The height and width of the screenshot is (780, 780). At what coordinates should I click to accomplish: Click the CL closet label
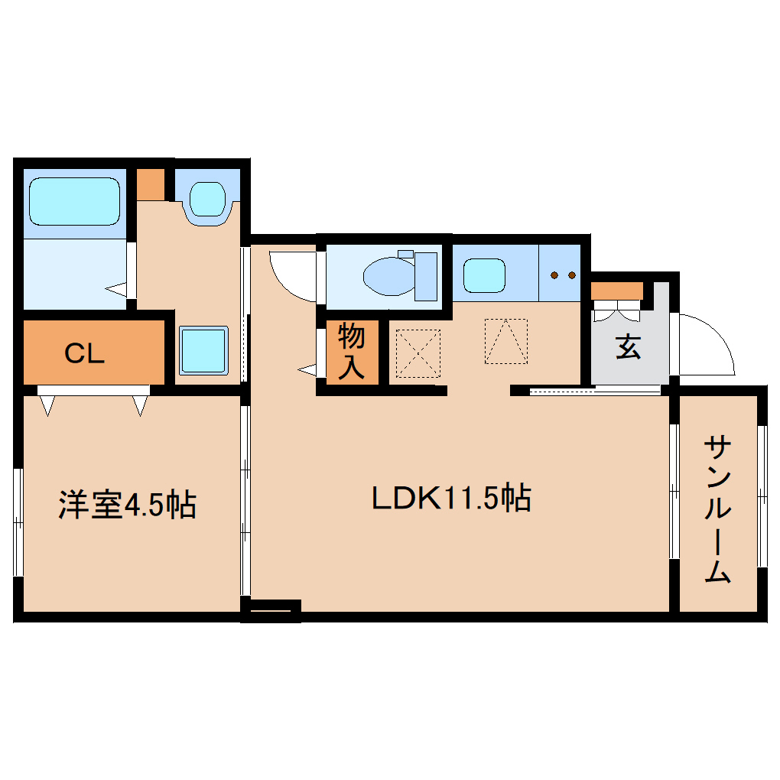84,353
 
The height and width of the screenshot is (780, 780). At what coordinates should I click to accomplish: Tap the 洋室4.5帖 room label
128,505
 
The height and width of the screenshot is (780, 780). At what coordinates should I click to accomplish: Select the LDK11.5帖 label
451,499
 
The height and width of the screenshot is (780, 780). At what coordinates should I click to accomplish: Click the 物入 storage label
352,351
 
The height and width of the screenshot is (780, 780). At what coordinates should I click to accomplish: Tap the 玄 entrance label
628,348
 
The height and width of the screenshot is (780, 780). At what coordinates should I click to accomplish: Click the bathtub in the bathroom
74,201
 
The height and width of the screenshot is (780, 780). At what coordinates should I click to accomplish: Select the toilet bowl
390,275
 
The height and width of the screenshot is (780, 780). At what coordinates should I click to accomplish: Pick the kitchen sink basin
484,275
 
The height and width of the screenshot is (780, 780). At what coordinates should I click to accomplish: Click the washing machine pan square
203,349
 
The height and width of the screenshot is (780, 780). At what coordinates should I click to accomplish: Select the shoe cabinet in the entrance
616,291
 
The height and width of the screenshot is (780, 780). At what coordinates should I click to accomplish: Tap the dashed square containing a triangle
505,340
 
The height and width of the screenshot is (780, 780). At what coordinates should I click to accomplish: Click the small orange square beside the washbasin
151,184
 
